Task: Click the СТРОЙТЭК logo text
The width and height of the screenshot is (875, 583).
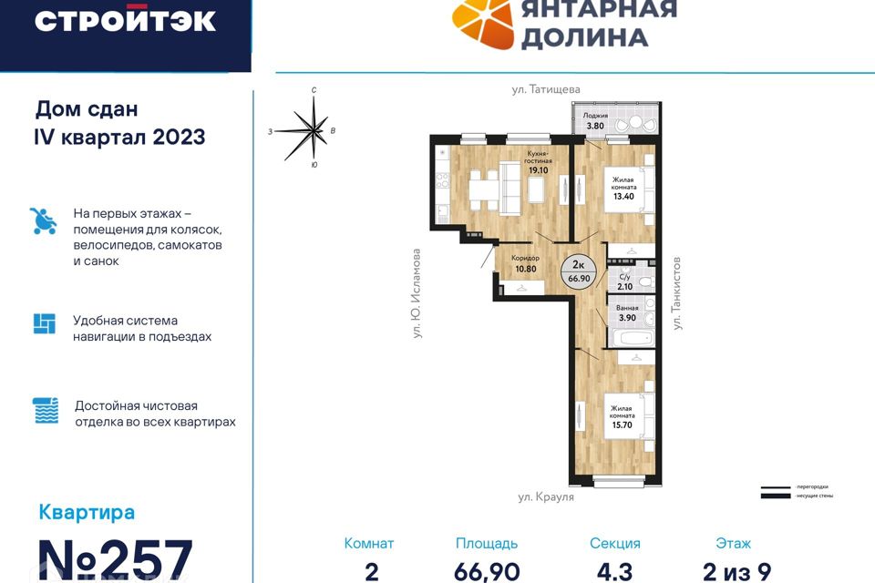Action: coord(125,21)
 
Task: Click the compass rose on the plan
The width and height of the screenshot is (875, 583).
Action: coord(314,130)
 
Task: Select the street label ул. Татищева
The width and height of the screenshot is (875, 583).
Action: coord(545,88)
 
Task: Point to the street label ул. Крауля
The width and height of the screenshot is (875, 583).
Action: coord(546,496)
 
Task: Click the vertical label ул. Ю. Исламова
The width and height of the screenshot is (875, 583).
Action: coord(416,294)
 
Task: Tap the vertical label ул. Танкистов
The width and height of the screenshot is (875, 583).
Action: coord(677,292)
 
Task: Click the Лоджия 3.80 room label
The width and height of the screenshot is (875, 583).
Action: coord(595,121)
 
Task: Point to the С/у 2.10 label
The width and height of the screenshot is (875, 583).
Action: coord(624,281)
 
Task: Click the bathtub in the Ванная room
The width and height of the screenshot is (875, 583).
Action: coord(629,338)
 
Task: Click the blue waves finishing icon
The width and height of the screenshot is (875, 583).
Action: coord(44,410)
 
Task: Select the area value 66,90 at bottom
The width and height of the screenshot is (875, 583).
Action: coord(487,571)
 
